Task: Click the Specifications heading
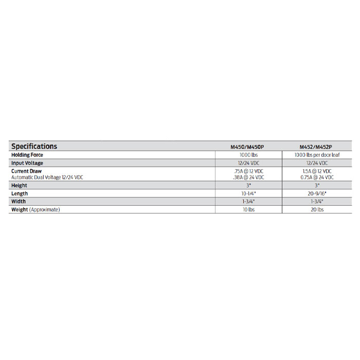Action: [34, 146]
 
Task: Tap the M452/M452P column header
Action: [317, 147]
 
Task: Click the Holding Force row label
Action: [27, 155]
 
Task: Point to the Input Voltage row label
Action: [27, 163]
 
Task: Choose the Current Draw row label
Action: [26, 171]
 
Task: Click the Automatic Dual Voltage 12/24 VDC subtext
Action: [47, 177]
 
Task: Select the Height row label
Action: [19, 185]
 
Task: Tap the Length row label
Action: [20, 193]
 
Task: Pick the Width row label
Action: [19, 202]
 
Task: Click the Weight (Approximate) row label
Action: [35, 210]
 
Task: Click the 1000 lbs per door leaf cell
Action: [317, 155]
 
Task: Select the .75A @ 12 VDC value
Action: [248, 171]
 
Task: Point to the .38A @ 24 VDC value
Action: [248, 177]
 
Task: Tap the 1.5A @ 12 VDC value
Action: [317, 171]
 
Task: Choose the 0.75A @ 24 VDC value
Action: [317, 177]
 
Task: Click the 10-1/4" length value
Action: [248, 193]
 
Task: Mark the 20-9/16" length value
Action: [317, 193]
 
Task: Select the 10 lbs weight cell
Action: [248, 210]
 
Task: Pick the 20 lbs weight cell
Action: [317, 210]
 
